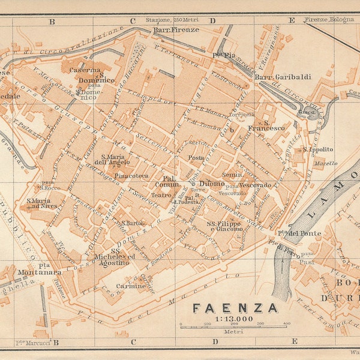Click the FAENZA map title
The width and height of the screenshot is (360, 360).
235,308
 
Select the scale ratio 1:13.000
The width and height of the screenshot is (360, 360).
233,319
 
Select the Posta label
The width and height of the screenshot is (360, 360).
196,157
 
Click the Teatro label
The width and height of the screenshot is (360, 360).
160,194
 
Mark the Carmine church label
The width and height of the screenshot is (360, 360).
131,286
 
